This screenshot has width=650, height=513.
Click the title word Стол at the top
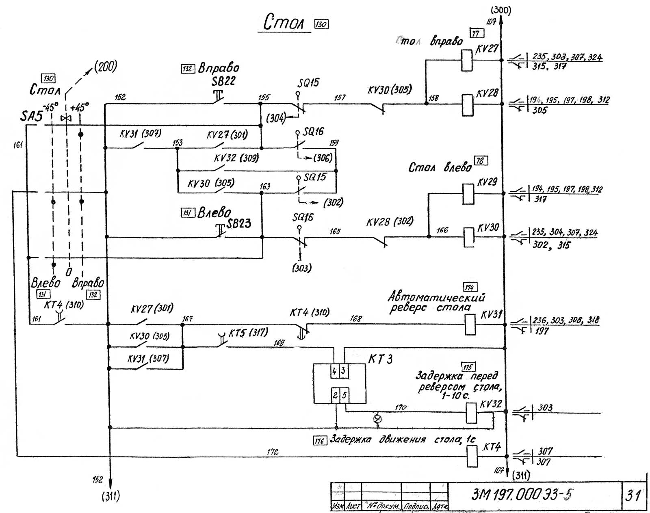tap(284, 22)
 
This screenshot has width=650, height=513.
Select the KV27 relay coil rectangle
tap(467, 60)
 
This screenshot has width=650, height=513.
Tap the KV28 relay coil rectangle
tap(468, 105)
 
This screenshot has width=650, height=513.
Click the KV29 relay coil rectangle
tap(468, 194)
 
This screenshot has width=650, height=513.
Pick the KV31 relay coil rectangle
tap(470, 325)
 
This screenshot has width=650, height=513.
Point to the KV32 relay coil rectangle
tap(471, 413)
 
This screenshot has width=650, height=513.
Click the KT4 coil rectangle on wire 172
tap(471, 456)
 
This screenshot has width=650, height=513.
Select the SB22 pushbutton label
tap(223, 81)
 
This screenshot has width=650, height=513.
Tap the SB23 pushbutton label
tap(239, 223)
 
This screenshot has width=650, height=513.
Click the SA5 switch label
tap(31, 117)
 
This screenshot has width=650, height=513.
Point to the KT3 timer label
tap(381, 359)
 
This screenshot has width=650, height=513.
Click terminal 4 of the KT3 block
tap(334, 371)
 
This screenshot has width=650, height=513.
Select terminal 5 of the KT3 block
tap(344, 395)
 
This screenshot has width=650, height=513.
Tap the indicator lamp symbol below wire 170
tap(377, 418)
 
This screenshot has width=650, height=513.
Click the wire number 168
tap(356, 319)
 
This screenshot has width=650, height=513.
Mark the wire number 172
tap(273, 452)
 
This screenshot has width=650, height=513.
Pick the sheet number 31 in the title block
tap(633, 495)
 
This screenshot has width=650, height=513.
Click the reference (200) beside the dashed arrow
tap(105, 66)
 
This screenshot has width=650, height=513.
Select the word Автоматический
tap(436, 297)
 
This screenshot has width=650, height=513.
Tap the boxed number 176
tap(319, 441)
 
